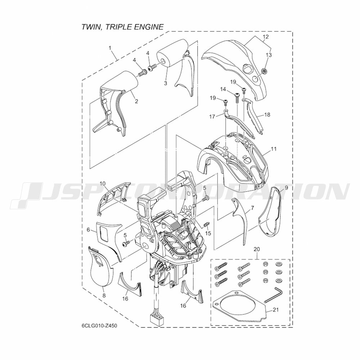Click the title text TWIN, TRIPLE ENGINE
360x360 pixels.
(x=123, y=27)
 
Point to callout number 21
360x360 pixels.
(x=275, y=310)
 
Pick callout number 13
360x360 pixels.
(x=269, y=55)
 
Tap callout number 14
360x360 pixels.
(x=223, y=89)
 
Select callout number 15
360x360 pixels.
(x=208, y=233)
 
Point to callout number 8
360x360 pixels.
(x=104, y=296)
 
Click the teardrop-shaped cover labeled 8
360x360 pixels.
(x=100, y=267)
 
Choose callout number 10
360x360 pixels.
(x=103, y=184)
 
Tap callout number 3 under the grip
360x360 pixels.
(x=165, y=83)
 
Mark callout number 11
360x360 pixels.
(x=274, y=149)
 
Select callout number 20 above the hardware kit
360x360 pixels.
(x=257, y=249)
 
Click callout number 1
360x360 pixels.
(x=110, y=48)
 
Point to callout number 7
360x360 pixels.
(x=253, y=208)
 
